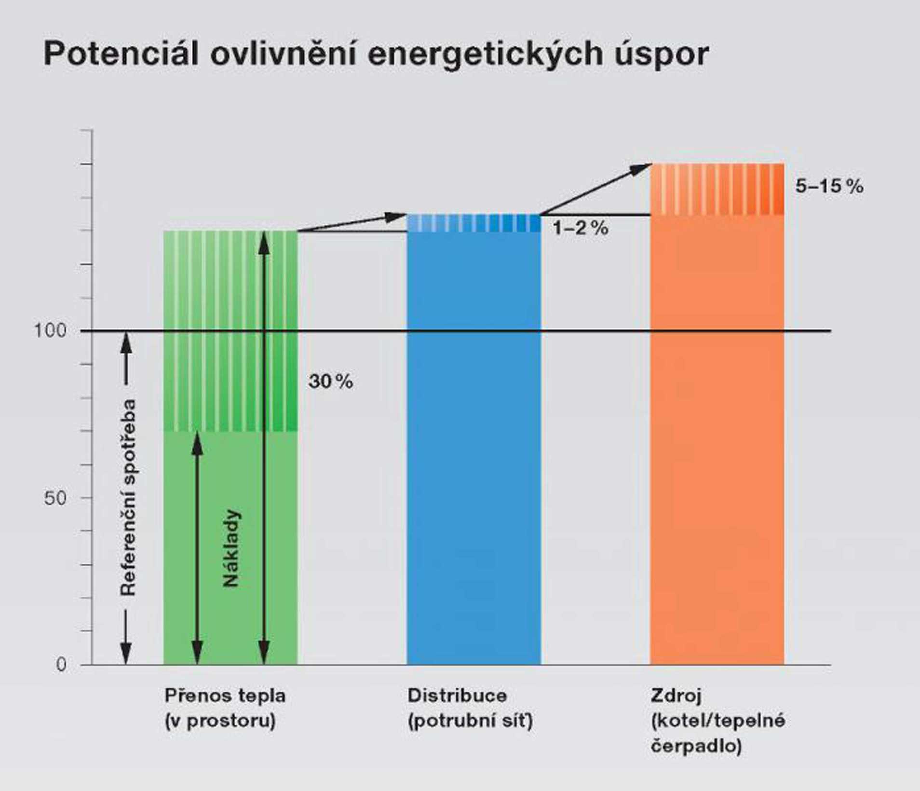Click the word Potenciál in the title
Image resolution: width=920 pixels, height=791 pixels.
click(121, 54)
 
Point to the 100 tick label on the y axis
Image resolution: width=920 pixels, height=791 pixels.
click(50, 331)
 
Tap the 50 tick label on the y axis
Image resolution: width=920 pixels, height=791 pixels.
click(54, 498)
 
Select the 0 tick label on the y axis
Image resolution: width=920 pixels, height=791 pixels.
click(61, 665)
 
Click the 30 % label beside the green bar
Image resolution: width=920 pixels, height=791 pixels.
click(331, 382)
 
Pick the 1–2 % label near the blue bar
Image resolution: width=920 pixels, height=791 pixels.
click(580, 228)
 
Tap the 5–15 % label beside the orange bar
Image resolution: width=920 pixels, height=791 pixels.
click(829, 186)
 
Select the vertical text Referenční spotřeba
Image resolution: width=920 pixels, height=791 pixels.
click(128, 497)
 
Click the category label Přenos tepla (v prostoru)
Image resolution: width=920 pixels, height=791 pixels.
click(225, 708)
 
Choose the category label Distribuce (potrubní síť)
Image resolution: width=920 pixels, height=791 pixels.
click(470, 708)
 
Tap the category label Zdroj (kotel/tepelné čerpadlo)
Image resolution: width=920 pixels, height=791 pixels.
click(717, 721)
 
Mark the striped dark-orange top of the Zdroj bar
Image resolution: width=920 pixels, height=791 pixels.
click(717, 189)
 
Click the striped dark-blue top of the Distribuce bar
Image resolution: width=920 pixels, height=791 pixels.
click(474, 223)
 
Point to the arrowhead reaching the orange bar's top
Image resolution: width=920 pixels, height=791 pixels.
click(643, 168)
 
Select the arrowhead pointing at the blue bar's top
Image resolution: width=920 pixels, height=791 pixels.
click(397, 217)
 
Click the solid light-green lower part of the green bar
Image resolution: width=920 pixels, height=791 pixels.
click(230, 627)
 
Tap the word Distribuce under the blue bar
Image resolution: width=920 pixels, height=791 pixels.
click(457, 696)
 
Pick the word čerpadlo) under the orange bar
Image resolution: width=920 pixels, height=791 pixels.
click(696, 746)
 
